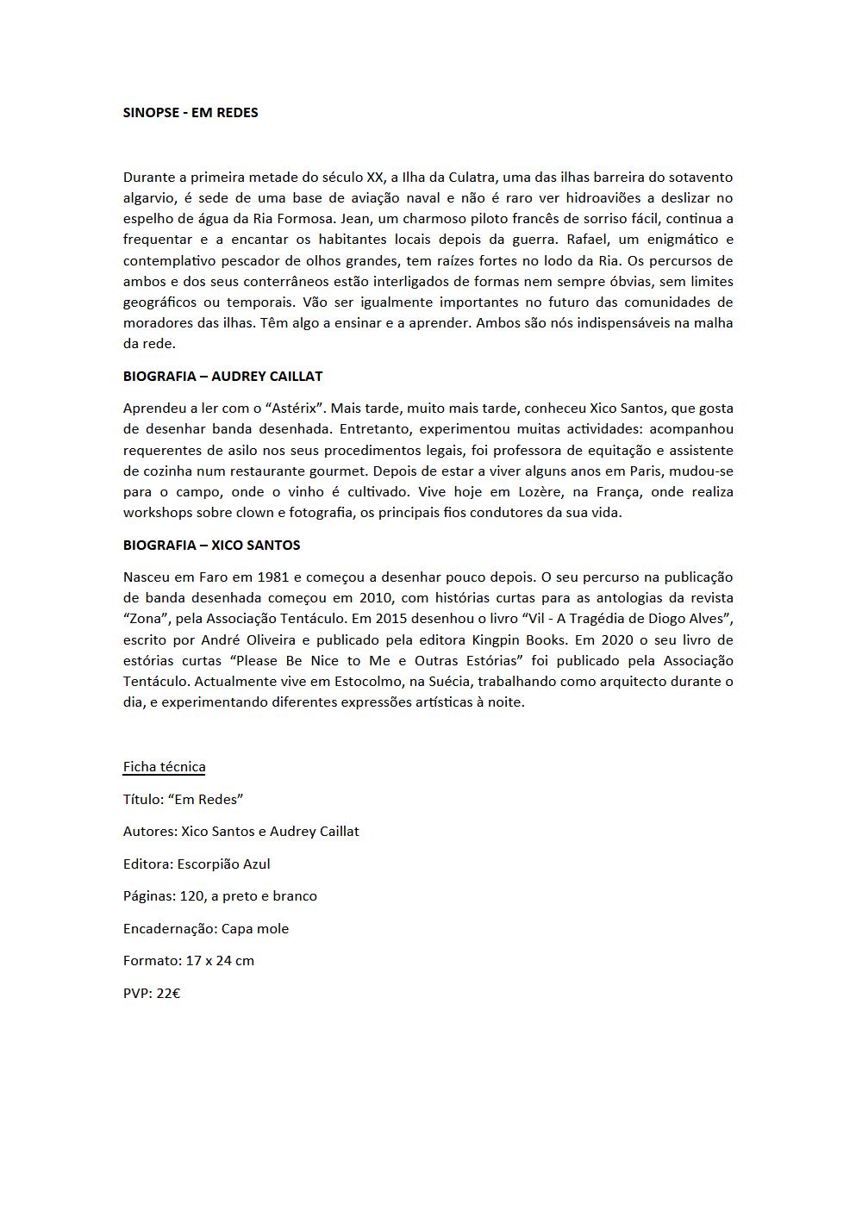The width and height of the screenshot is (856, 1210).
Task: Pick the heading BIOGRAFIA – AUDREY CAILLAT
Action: (x=222, y=376)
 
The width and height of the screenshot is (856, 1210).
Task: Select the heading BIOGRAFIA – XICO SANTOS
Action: (x=211, y=545)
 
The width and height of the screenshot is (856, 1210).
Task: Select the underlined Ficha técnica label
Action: (x=164, y=767)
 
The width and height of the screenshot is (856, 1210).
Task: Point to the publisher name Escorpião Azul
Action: (x=224, y=864)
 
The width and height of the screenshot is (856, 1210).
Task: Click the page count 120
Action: (x=191, y=896)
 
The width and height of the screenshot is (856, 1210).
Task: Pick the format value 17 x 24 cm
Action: (x=220, y=960)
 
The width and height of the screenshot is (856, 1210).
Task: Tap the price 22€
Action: (x=168, y=993)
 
